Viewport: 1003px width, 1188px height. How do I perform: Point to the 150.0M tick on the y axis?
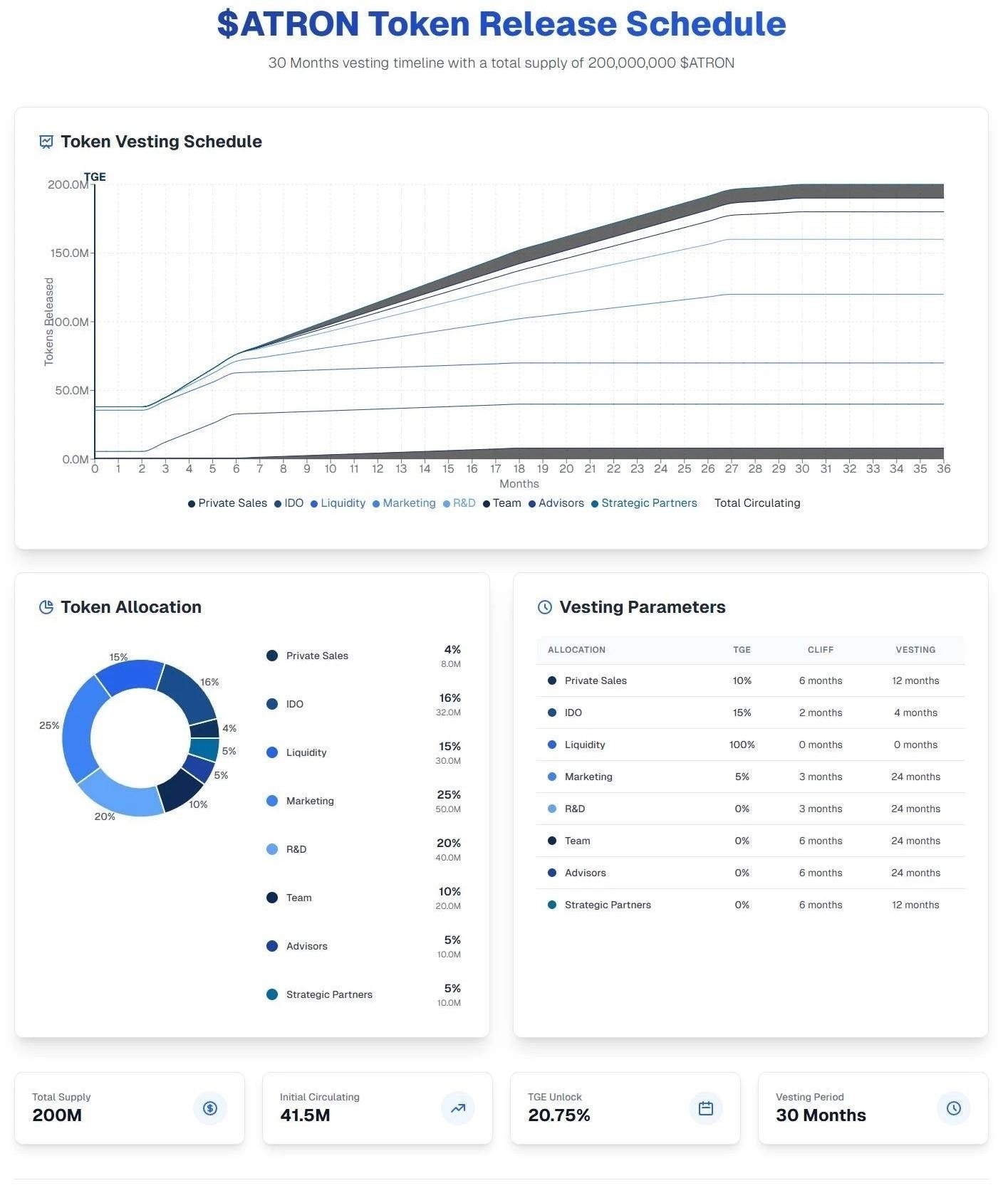68,253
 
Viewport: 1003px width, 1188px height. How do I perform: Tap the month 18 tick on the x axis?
519,468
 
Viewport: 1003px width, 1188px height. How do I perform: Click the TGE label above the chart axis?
95,177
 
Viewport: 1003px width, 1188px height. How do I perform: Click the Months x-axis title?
519,484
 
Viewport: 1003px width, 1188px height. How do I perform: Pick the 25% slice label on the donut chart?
49,725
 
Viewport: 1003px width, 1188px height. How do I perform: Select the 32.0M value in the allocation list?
448,713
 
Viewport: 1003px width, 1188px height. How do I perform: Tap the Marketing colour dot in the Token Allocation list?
272,801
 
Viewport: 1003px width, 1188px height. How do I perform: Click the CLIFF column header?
821,650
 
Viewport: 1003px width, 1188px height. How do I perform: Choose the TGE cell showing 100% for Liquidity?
742,745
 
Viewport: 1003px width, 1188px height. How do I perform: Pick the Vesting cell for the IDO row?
915,713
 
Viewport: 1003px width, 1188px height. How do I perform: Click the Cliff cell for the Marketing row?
821,777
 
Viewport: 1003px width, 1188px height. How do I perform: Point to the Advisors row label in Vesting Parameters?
585,873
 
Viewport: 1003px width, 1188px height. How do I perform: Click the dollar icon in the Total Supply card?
210,1108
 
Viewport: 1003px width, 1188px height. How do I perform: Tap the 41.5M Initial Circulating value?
305,1115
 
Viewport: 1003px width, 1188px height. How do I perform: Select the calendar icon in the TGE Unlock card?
706,1108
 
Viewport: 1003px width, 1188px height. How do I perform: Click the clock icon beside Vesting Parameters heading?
545,607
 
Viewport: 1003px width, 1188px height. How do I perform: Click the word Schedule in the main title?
706,24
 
